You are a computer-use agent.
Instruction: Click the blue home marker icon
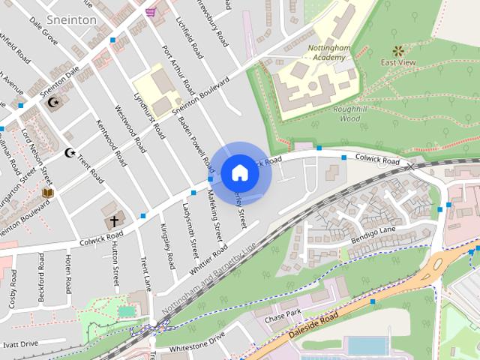tap(239, 172)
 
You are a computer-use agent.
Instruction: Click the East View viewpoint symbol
tap(398, 51)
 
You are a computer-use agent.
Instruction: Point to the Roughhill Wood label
tap(350, 113)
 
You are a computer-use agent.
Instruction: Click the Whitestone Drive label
tap(196, 341)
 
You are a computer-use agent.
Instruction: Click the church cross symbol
tap(114, 221)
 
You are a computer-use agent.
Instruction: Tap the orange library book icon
tap(48, 193)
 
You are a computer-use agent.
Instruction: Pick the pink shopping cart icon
tap(151, 12)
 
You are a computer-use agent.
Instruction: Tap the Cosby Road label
tap(13, 289)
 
